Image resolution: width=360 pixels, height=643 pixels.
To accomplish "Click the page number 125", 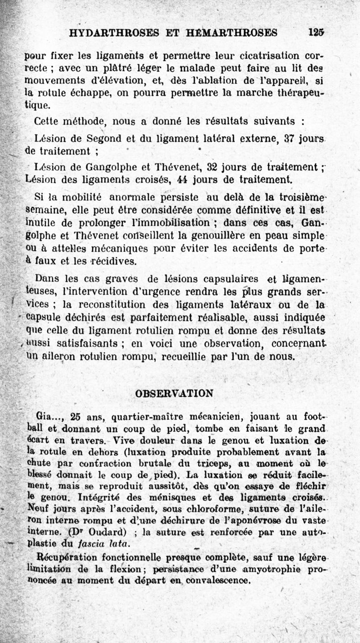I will tap(316, 32).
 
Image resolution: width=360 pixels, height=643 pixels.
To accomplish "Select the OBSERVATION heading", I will tap(174, 393).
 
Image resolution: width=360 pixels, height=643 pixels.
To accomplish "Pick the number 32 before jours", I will tap(212, 166).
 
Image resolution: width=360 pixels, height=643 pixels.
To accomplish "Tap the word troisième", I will tap(304, 196).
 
